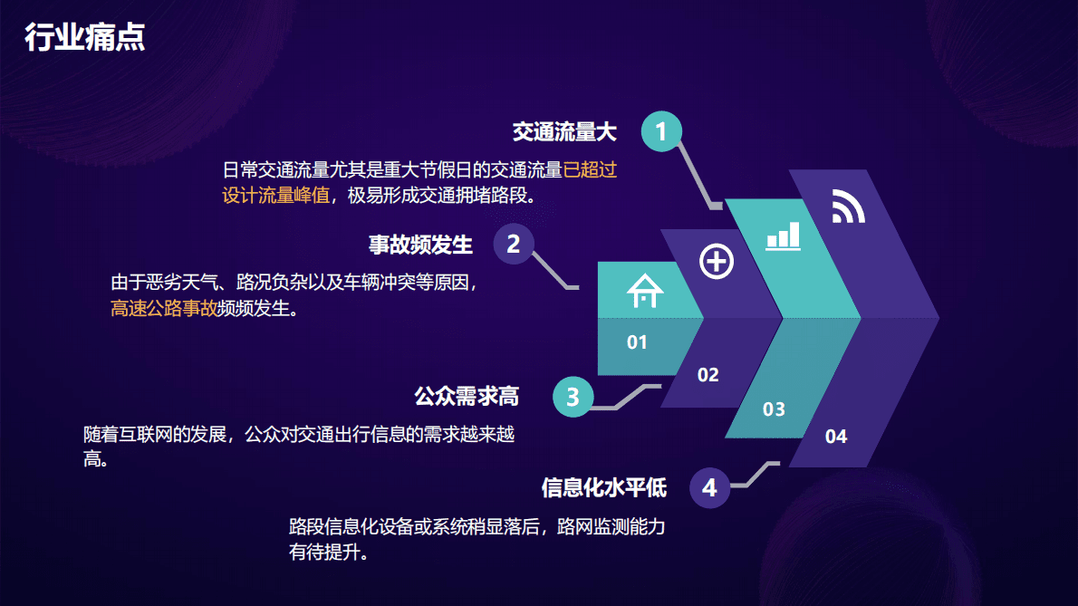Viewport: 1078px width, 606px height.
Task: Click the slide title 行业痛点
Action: point(85,38)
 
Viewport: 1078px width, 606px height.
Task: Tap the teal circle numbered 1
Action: point(661,132)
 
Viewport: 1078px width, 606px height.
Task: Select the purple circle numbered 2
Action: point(513,244)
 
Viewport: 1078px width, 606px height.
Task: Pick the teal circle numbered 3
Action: point(573,397)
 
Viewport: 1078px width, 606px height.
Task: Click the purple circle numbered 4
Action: point(709,488)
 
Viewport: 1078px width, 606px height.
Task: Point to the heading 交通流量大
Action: point(564,132)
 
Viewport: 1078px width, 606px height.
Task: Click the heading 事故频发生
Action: point(420,245)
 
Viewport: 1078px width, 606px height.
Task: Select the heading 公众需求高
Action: point(467,397)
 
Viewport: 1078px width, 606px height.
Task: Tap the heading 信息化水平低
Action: point(603,488)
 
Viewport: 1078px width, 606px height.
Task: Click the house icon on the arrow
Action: point(645,291)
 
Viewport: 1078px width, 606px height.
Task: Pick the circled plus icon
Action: point(717,262)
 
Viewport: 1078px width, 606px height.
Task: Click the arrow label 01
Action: point(638,342)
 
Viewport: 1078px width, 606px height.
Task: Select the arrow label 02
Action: point(707,375)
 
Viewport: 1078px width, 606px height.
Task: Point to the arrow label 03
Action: point(774,409)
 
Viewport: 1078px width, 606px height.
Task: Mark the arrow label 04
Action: point(836,437)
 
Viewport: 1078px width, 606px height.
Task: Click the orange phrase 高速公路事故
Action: point(164,309)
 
